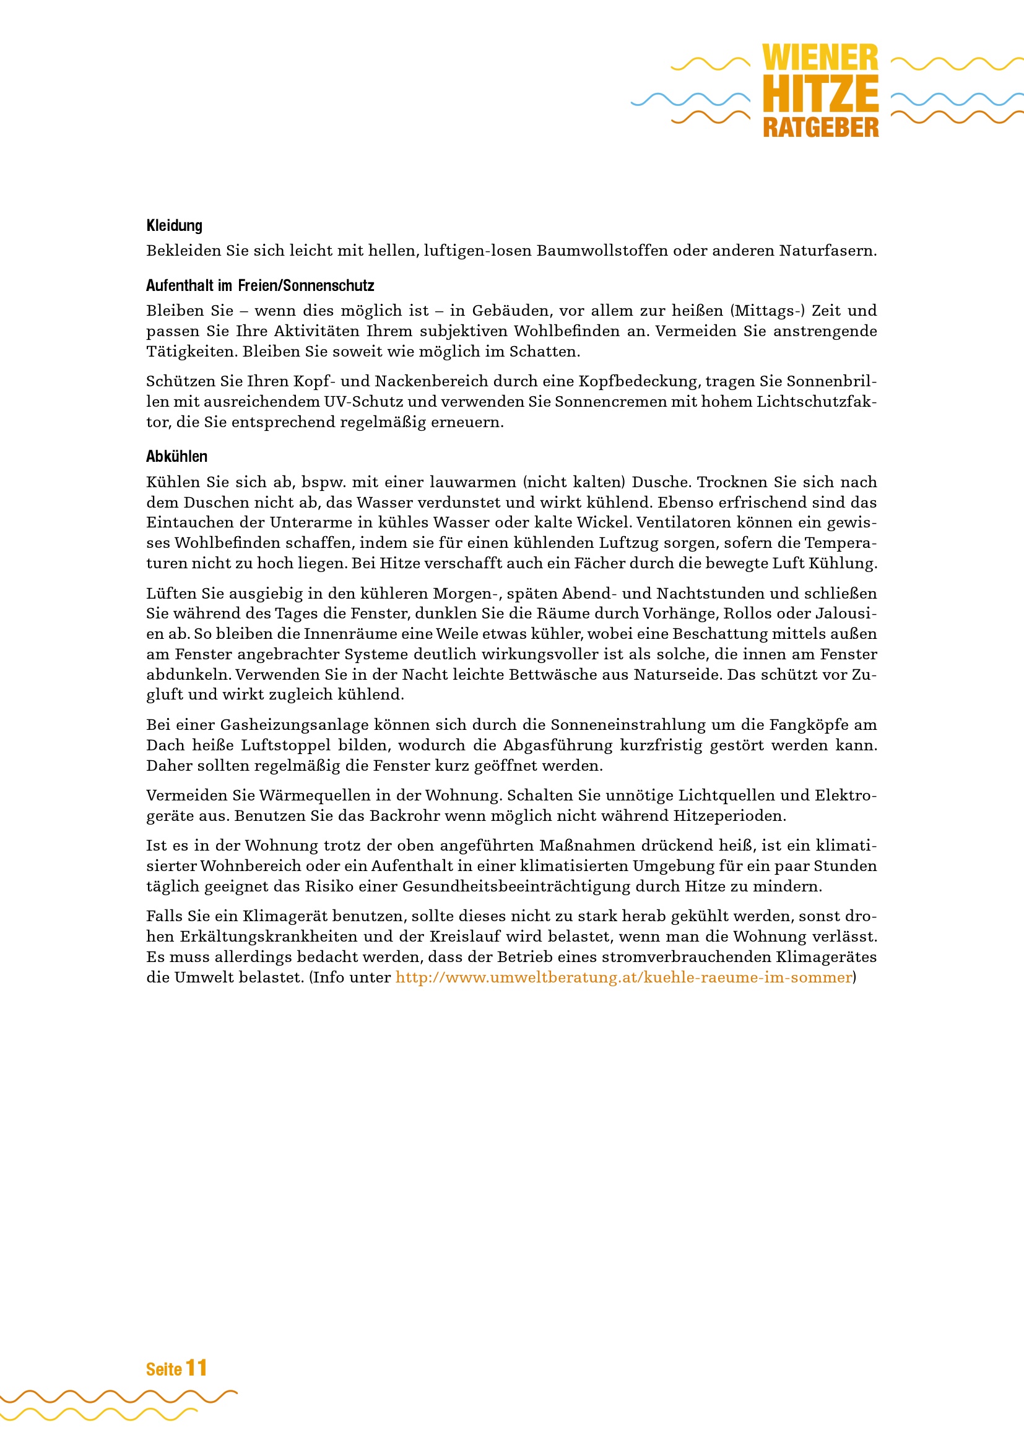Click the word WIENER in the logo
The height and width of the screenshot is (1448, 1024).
pyautogui.click(x=820, y=58)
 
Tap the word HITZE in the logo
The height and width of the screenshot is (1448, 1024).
pyautogui.click(x=820, y=94)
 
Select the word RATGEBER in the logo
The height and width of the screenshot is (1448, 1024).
pyautogui.click(x=820, y=128)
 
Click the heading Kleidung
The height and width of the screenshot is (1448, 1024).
pyautogui.click(x=174, y=226)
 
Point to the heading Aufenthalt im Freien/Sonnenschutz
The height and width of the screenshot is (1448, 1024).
pyautogui.click(x=260, y=285)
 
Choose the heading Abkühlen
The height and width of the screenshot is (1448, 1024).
pyautogui.click(x=176, y=457)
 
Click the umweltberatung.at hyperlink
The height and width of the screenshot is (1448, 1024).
pyautogui.click(x=623, y=978)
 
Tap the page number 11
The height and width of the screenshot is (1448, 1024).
pyautogui.click(x=196, y=1368)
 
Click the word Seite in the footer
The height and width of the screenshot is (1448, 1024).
pyautogui.click(x=164, y=1370)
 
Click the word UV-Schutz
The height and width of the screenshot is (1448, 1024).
pyautogui.click(x=363, y=402)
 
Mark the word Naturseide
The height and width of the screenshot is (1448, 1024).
pyautogui.click(x=677, y=675)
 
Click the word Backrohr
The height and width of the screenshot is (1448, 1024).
pyautogui.click(x=399, y=816)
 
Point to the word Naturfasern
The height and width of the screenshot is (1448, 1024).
pyautogui.click(x=827, y=251)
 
